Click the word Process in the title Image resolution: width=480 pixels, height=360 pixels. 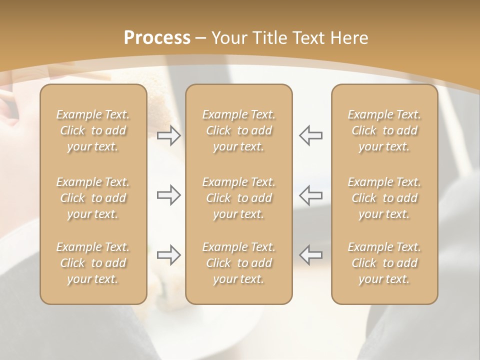coord(157,38)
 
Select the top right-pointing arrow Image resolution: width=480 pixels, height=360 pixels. coord(169,135)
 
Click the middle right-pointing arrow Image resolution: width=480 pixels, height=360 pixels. coord(169,195)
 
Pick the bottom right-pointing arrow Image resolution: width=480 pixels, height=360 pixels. coord(169,255)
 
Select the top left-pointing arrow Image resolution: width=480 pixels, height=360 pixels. coord(310,135)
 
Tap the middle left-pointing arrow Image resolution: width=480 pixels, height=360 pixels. coord(310,195)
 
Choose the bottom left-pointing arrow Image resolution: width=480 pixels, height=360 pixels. coord(310,255)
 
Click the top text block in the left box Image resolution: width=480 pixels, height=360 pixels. coord(93,130)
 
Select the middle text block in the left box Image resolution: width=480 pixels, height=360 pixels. coord(93,198)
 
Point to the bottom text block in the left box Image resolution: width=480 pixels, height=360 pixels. coord(93,263)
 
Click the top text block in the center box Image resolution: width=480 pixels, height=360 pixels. coord(238,130)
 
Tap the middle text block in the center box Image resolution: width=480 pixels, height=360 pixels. coord(238,198)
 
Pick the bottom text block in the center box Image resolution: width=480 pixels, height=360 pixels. coord(238,263)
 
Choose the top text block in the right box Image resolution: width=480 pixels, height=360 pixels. coord(384,130)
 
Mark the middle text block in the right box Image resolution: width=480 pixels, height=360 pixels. coord(384,198)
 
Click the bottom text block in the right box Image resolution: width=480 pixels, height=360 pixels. coord(384,263)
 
